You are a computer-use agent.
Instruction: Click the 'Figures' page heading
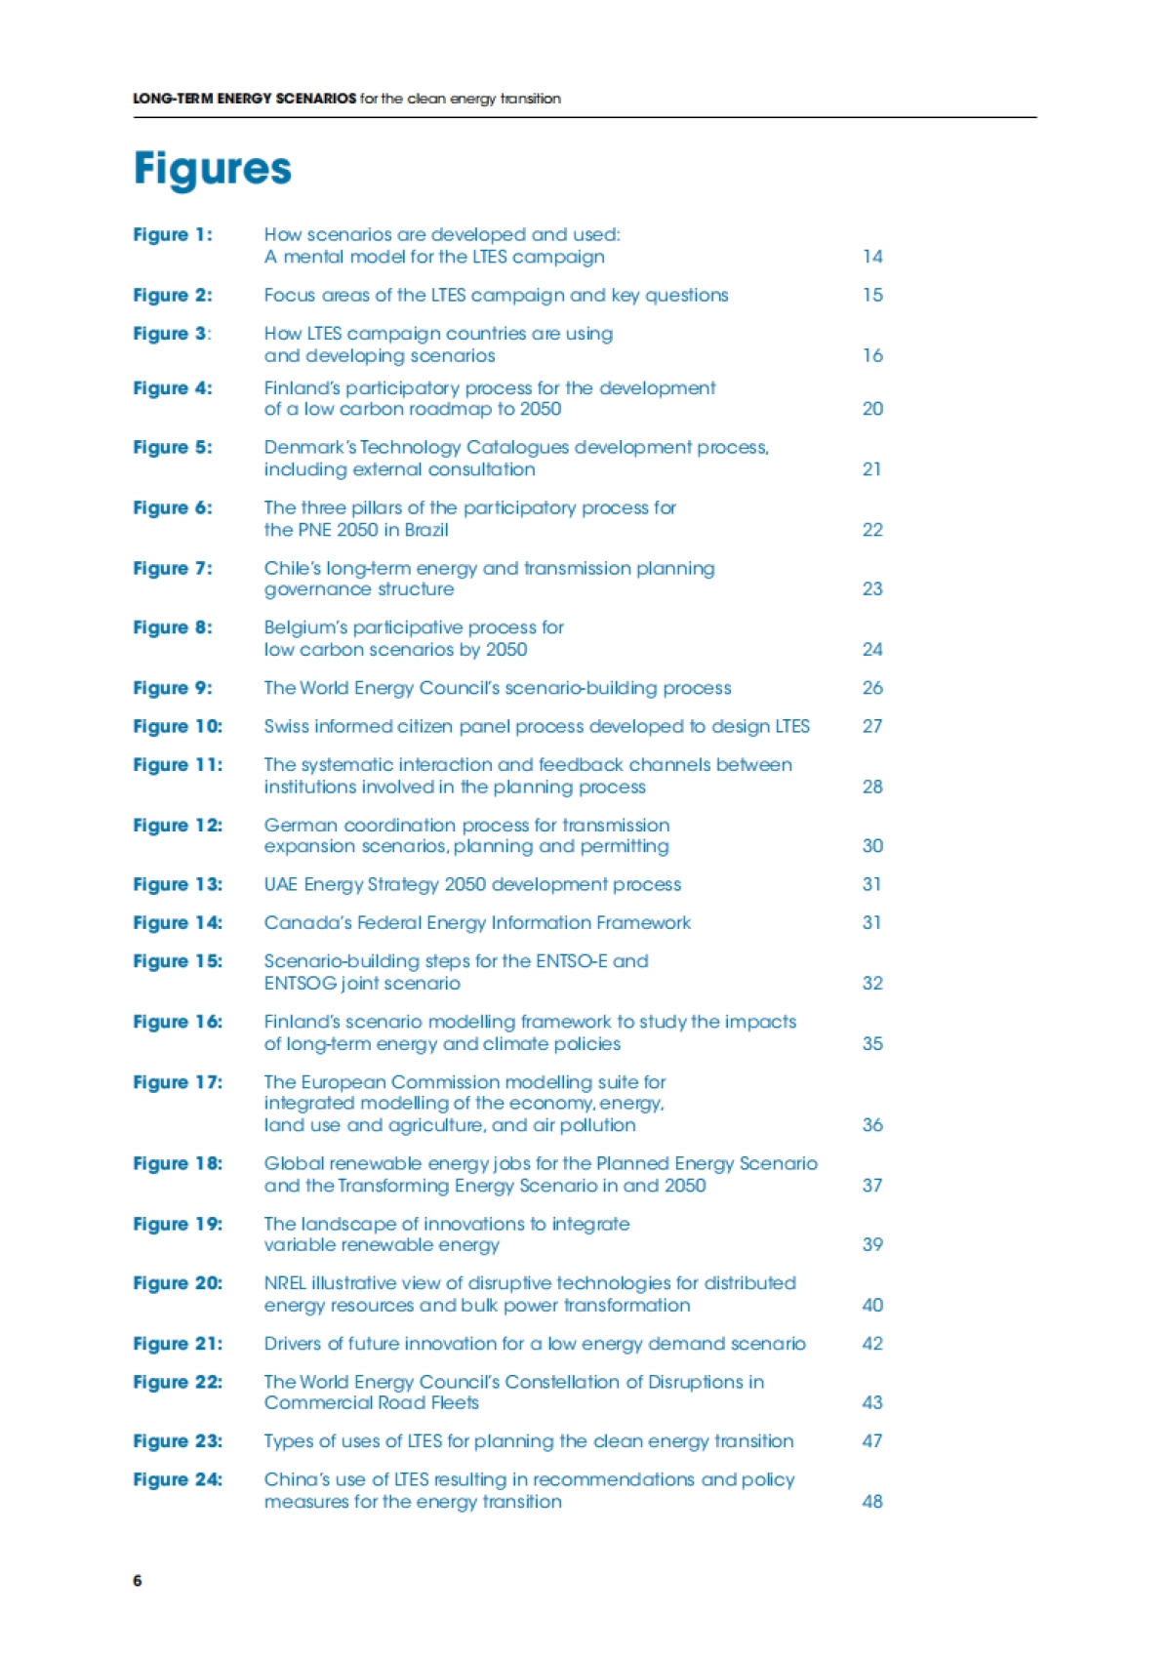point(213,169)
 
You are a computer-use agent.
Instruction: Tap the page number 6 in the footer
point(138,1580)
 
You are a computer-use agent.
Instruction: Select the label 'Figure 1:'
point(173,235)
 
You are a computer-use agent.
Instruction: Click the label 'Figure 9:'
point(173,688)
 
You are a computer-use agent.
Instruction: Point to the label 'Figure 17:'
point(178,1082)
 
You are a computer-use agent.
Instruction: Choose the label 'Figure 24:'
point(178,1479)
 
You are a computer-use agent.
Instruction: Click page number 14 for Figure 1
point(872,257)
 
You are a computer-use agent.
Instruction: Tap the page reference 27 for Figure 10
point(872,726)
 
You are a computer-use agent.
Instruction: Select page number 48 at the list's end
point(872,1502)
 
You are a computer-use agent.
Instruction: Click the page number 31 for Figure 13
point(871,884)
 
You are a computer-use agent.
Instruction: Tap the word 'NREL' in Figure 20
point(285,1283)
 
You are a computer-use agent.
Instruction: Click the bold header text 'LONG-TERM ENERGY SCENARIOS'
point(244,99)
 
